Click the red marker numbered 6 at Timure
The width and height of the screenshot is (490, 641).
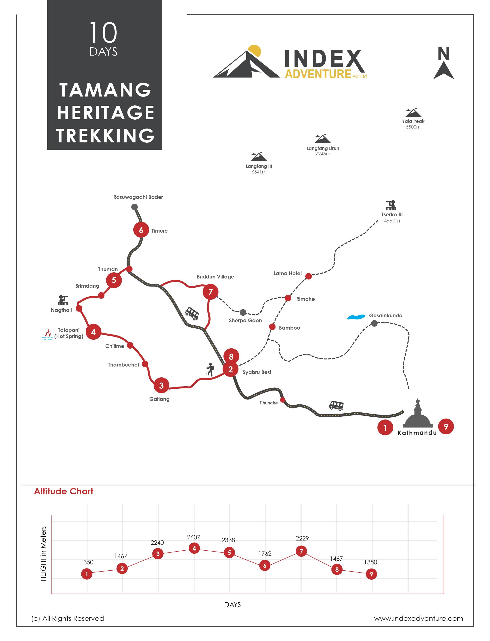(141, 230)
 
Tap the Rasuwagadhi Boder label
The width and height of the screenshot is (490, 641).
(138, 197)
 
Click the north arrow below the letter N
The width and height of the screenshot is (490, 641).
(444, 70)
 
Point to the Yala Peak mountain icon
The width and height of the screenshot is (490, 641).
(413, 113)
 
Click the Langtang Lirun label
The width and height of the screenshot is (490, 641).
(323, 148)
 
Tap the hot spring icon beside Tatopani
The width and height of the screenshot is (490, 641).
(47, 334)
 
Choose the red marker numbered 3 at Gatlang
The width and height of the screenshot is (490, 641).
(161, 385)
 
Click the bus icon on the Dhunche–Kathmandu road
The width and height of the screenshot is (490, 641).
(336, 405)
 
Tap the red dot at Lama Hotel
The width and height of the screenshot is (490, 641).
(309, 276)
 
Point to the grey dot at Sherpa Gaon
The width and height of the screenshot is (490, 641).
(243, 313)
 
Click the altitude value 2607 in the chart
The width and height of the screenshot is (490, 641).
(193, 537)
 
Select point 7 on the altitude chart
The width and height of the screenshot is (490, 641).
(301, 551)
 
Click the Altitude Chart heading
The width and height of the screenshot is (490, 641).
(64, 491)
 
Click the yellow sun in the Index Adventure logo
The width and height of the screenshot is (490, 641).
(254, 51)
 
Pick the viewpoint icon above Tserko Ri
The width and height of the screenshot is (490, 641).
(391, 205)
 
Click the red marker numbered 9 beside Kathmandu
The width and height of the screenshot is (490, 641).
(446, 427)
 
